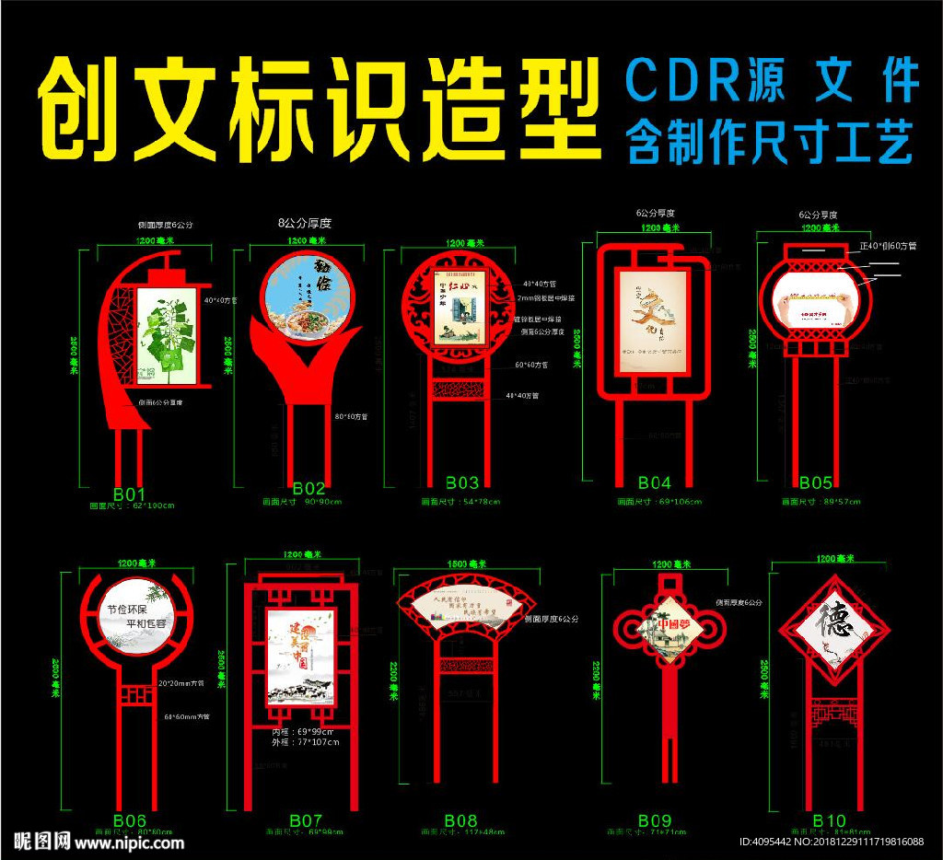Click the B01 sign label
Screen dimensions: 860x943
pos(128,494)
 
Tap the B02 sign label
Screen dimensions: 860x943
pos(309,488)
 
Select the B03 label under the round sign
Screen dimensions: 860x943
pos(462,482)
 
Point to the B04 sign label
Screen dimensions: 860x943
pos(655,482)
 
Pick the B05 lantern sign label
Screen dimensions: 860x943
pos(816,482)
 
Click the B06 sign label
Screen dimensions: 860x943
pos(130,820)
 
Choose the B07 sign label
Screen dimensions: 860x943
pos(306,819)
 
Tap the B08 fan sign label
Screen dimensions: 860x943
pos(460,819)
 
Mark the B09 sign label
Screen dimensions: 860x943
pos(655,819)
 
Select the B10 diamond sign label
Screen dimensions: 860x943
pos(829,820)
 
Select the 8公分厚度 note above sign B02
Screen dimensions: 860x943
pos(304,223)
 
